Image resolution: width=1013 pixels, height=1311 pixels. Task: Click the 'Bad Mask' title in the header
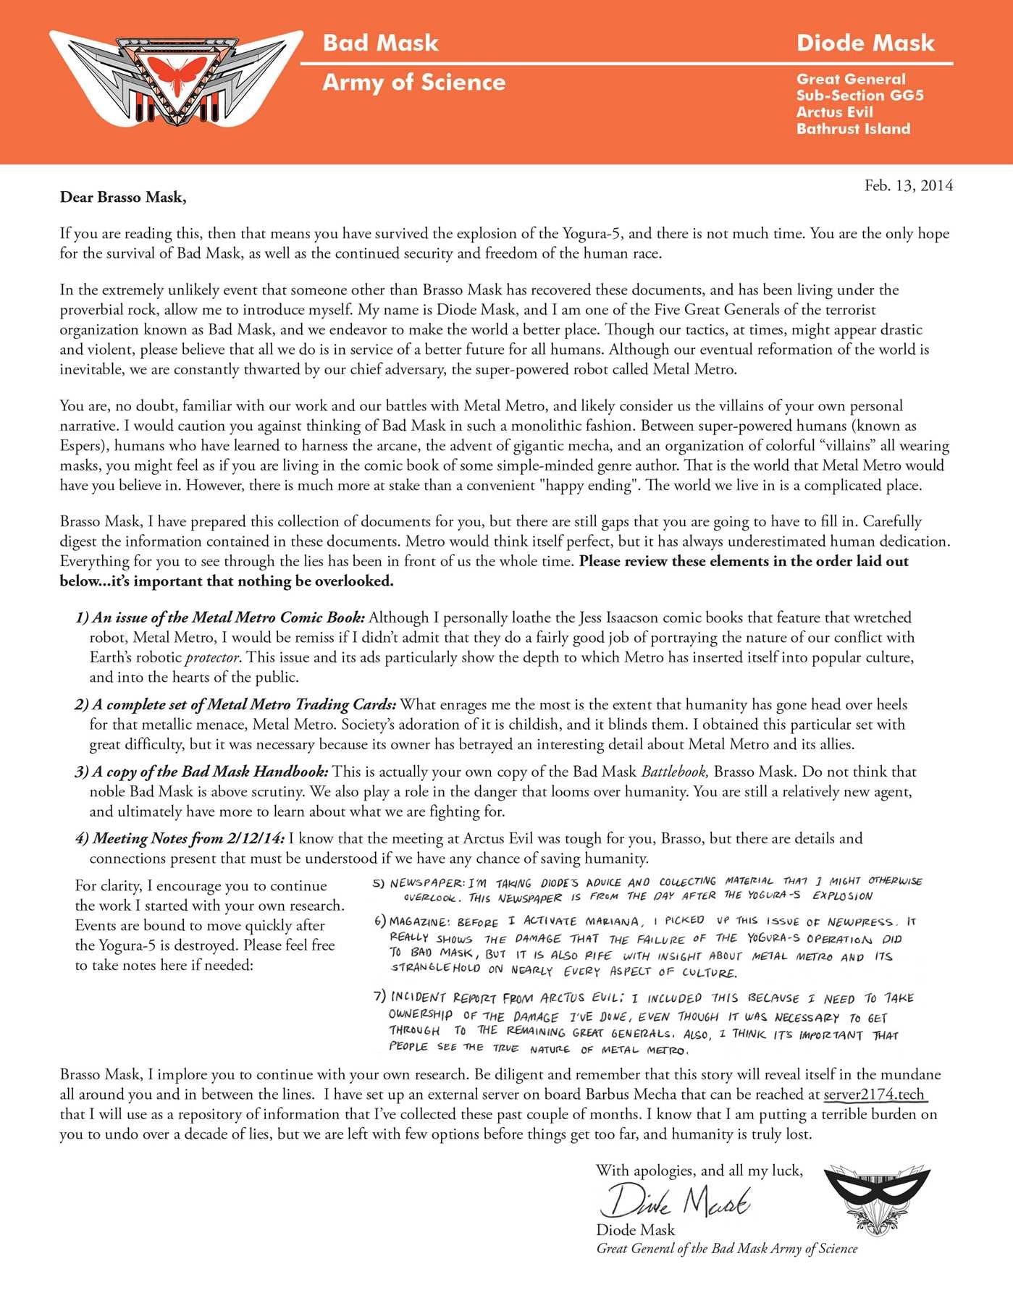(380, 43)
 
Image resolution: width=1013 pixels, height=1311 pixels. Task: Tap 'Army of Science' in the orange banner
(413, 83)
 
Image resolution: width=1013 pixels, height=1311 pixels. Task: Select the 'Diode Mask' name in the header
(865, 43)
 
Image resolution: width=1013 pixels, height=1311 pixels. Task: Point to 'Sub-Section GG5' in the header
(859, 96)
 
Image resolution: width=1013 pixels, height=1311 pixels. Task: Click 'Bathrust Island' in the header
(853, 129)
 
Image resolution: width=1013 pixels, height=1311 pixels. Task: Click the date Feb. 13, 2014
(908, 185)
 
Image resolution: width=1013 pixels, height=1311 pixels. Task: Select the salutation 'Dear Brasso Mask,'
(123, 197)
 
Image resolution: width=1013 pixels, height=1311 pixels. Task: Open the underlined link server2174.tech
(875, 1094)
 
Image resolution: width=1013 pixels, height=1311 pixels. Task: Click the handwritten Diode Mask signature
(675, 1202)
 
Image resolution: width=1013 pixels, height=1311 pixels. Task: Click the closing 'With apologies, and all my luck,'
(699, 1171)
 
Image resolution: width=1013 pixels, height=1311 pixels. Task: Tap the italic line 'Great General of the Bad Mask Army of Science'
(726, 1249)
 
